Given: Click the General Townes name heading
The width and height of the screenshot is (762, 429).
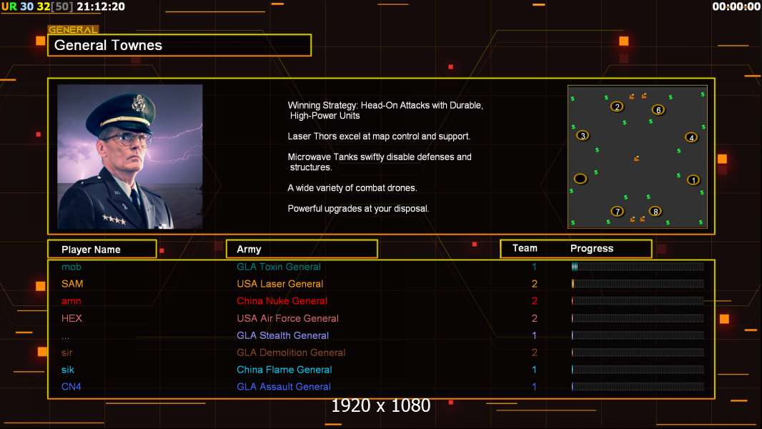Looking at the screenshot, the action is tap(108, 45).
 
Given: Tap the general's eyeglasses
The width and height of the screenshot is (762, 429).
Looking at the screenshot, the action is tap(126, 140).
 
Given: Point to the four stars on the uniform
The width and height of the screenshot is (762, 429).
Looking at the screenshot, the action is tap(114, 220).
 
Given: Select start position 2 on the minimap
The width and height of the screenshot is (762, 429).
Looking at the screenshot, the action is tap(617, 107).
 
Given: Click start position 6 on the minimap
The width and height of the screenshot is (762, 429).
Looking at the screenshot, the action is tap(658, 110).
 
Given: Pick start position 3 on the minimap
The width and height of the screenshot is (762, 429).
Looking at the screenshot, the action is tap(583, 136).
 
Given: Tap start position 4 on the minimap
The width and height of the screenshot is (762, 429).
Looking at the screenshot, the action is tap(691, 137).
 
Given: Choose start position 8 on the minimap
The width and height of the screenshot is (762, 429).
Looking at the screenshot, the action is tap(655, 212).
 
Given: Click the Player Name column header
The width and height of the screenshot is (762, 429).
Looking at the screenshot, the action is tap(91, 250).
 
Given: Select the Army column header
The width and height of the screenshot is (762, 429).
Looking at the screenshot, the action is tap(249, 250).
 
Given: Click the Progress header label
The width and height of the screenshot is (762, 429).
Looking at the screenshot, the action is tap(591, 249).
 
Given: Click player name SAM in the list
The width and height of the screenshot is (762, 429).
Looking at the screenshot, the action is tap(72, 284).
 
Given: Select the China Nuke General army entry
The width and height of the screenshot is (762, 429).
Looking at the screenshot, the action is tap(282, 301).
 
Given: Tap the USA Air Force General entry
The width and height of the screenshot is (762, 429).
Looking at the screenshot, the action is tap(287, 318).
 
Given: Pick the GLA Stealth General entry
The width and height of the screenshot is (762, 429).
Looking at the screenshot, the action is tap(283, 336).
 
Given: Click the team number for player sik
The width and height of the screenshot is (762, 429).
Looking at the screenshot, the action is tap(534, 370).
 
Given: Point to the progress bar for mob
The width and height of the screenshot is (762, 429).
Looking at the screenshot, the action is tap(638, 267).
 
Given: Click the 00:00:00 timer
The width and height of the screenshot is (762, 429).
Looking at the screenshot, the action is tap(736, 6).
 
